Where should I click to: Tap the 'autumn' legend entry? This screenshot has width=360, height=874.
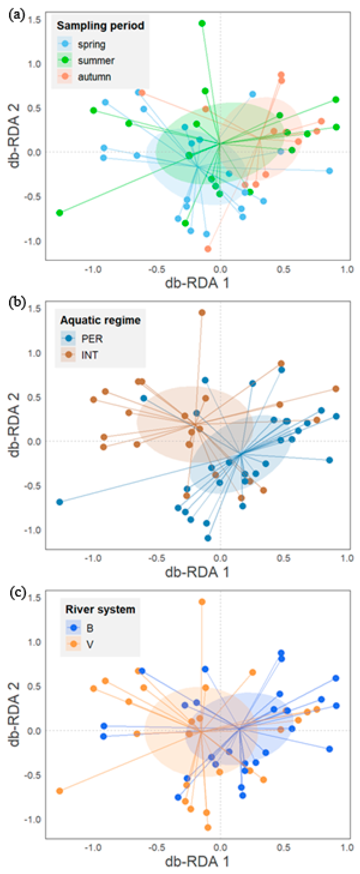click(94, 77)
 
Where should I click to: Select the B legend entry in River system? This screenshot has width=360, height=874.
click(90, 628)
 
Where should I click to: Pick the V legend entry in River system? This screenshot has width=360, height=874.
click(90, 644)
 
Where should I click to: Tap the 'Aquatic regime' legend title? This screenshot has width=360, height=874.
click(100, 320)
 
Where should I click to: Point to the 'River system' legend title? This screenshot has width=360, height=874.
click(100, 609)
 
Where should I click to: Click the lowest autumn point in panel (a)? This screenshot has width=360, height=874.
click(208, 249)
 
